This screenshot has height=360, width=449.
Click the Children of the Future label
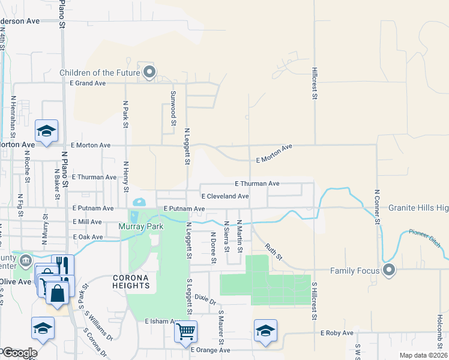(100, 73)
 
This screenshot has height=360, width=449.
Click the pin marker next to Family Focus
(389, 270)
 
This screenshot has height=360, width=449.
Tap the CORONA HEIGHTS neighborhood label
(131, 281)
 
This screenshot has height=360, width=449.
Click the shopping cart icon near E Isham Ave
(185, 331)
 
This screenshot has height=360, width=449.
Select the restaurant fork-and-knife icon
(62, 265)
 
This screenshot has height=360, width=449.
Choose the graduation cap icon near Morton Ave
(46, 131)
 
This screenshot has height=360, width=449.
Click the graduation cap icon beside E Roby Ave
(265, 331)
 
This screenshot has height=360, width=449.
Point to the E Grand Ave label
(88, 83)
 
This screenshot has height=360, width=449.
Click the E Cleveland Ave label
(224, 196)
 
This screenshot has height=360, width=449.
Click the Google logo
(19, 353)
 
